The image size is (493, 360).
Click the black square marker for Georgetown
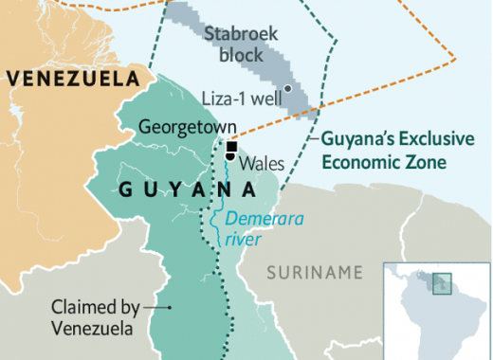230,146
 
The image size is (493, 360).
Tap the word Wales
261,162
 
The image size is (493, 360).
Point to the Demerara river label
251,228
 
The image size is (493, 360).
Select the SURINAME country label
314,273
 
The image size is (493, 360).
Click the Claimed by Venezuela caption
96,318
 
